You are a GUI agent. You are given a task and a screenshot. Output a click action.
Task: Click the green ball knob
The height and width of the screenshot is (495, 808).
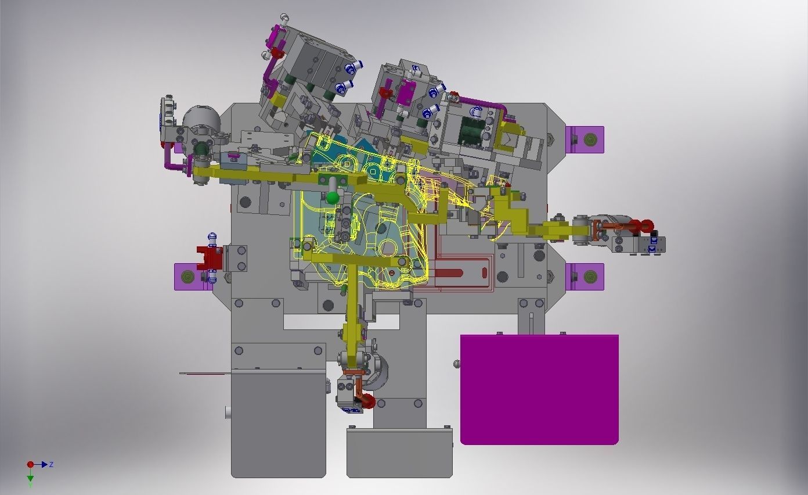point(333,198)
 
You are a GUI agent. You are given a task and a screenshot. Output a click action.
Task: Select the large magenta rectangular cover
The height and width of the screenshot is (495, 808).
point(540,390)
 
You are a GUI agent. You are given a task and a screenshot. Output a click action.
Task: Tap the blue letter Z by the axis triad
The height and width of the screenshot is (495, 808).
point(51,464)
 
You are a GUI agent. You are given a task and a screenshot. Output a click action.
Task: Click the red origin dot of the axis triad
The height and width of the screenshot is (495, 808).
point(30,464)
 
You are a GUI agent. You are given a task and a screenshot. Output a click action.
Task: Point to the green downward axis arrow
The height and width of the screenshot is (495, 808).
point(30,475)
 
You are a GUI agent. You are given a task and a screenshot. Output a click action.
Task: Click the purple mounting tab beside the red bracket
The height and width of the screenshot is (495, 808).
point(187,277)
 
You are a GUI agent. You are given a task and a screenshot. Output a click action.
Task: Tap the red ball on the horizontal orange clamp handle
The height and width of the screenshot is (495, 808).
point(647,225)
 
